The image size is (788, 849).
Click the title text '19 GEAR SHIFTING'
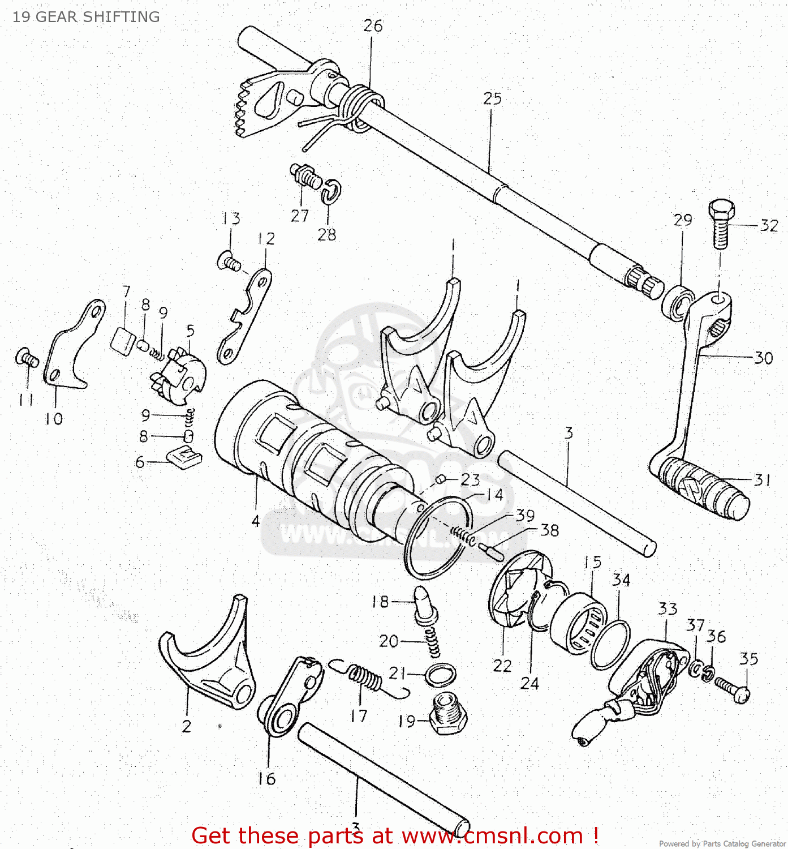tap(86, 17)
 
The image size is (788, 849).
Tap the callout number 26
tap(373, 26)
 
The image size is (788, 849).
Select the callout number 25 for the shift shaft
tap(492, 98)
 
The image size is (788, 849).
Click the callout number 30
tap(763, 358)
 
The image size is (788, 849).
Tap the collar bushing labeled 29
tap(678, 302)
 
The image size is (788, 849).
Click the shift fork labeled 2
tap(209, 662)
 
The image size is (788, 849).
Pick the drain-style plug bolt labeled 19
tap(448, 715)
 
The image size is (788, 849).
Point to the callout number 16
tap(266, 779)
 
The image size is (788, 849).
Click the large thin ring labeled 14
tap(439, 538)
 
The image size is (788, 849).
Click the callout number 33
tap(668, 609)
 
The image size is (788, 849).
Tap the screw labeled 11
tap(26, 358)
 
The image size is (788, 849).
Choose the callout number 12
tap(266, 238)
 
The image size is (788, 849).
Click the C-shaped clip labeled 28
tap(331, 192)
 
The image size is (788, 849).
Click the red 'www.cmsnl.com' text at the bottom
tap(492, 836)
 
